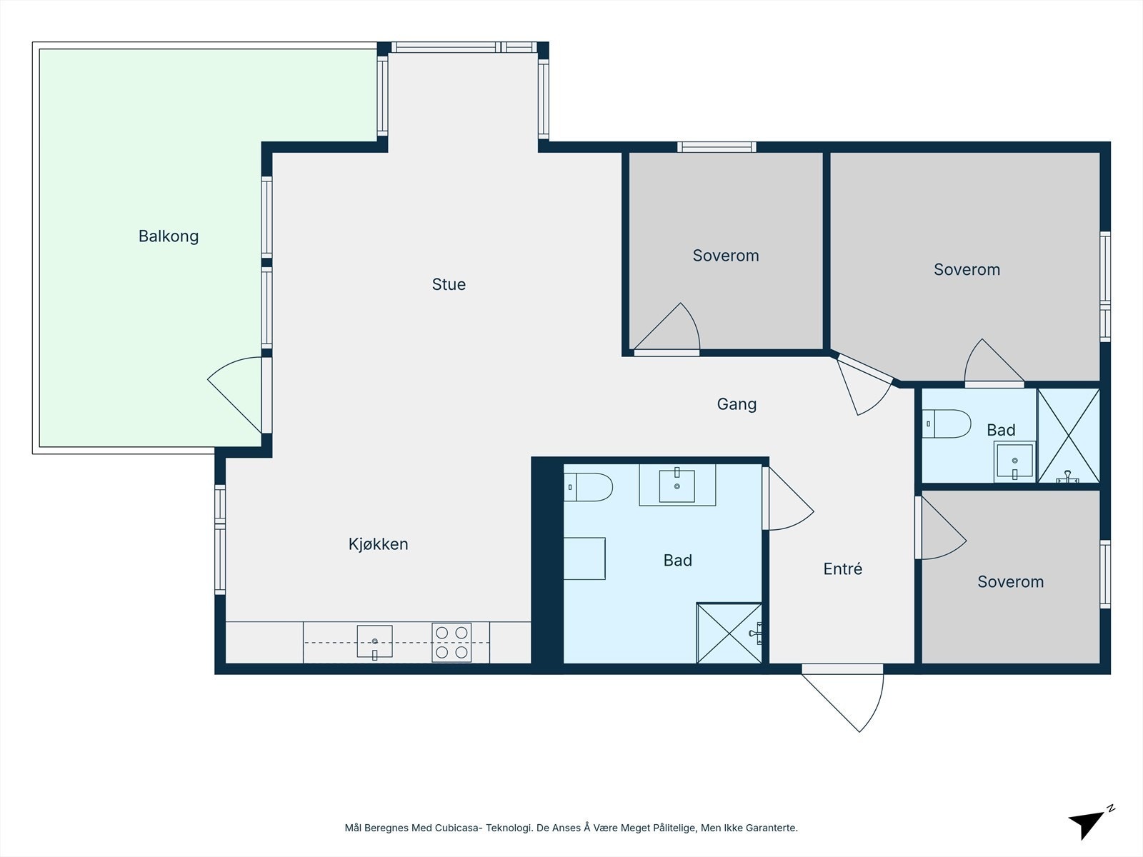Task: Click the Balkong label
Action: click(168, 236)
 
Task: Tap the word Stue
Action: click(449, 284)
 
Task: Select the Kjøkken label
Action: click(378, 543)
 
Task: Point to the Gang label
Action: click(737, 404)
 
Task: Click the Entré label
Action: click(842, 568)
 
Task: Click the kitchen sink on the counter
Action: click(374, 641)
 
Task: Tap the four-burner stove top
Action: click(451, 642)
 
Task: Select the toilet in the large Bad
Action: click(588, 487)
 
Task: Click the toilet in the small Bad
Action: click(946, 424)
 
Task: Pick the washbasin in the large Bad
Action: click(677, 485)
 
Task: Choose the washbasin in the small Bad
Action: click(1014, 461)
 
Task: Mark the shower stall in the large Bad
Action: click(729, 633)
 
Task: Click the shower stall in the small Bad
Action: click(1068, 436)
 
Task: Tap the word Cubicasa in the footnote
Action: click(457, 827)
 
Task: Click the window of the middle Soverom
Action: click(717, 146)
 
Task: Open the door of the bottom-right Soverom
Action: click(940, 528)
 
